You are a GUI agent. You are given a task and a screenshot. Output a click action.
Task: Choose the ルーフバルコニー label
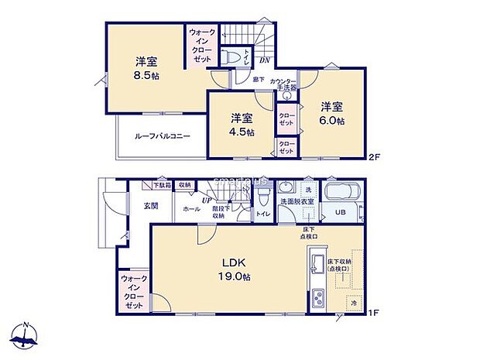click(163, 136)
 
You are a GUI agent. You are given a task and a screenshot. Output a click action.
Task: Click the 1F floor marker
click(373, 312)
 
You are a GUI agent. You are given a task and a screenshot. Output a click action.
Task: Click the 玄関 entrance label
click(151, 206)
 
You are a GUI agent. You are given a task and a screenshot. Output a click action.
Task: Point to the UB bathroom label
click(340, 212)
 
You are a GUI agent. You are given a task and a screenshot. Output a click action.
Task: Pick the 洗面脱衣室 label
click(297, 201)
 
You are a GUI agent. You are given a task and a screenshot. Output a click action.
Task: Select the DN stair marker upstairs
click(264, 61)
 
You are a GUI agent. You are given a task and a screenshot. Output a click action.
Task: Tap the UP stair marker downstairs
click(207, 201)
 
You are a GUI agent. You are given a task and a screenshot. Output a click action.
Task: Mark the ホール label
click(190, 209)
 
